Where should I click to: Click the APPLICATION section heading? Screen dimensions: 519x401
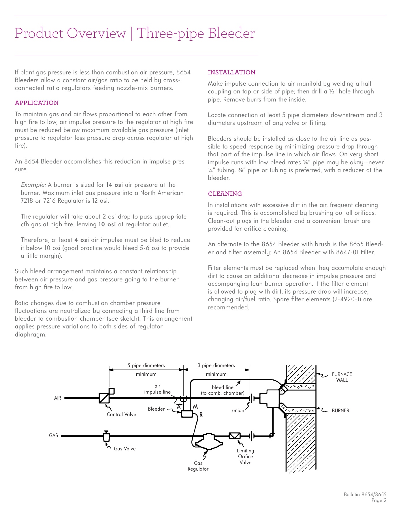point(37,103)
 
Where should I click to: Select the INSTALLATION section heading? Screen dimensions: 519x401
point(231,72)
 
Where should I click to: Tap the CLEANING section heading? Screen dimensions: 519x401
point(225,194)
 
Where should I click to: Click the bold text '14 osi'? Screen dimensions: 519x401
point(114,185)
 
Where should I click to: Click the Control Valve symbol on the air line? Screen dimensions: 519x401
point(104,398)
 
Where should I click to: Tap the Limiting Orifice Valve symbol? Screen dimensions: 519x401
point(234,436)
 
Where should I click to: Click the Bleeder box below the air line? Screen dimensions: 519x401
point(187,414)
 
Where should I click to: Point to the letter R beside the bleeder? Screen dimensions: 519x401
point(201,415)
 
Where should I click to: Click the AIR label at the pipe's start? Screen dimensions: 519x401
point(58,398)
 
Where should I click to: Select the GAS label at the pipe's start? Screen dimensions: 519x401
point(54,435)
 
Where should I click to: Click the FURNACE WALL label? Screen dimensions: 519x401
point(342,377)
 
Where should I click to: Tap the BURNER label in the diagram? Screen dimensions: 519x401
point(340,411)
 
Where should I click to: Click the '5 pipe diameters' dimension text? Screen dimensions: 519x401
point(146,365)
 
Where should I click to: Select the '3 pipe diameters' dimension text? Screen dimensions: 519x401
point(216,365)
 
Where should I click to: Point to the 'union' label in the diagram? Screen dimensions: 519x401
point(238,410)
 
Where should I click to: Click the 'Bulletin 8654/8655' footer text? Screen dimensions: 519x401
point(365,494)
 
